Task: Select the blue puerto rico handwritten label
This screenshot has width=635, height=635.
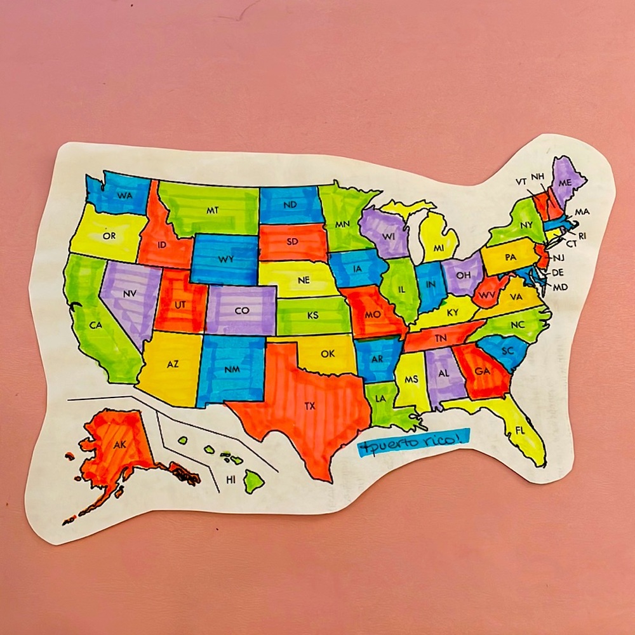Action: click(413, 443)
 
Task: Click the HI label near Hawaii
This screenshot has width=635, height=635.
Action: click(231, 480)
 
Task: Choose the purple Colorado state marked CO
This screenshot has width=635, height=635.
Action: click(241, 311)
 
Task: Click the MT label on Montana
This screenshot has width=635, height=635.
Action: click(213, 209)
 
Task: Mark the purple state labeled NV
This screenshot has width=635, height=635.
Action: click(130, 294)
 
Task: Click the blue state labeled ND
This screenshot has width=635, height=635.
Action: click(290, 204)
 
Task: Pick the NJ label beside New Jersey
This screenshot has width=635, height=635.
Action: click(558, 257)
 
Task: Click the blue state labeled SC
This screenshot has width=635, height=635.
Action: click(506, 351)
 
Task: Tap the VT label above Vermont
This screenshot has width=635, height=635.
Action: click(521, 182)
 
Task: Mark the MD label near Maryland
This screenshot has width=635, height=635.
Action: click(560, 287)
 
